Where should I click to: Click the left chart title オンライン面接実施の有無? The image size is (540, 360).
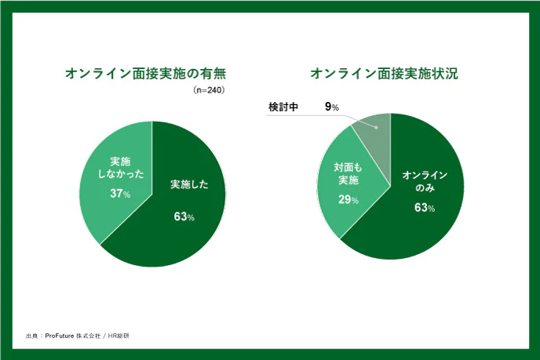[151, 75]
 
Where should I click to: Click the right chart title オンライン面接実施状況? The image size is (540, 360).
[385, 75]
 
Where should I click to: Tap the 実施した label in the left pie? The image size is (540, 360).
[189, 185]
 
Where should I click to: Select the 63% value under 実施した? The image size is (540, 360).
[184, 216]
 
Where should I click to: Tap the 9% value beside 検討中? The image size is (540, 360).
[332, 107]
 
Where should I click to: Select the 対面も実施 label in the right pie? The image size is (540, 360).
[347, 174]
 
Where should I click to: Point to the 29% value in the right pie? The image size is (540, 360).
[348, 200]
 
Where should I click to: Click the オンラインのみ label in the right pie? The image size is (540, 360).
[425, 182]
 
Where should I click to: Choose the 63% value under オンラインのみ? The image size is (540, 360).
[425, 208]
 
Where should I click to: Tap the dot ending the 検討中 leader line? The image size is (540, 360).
[377, 126]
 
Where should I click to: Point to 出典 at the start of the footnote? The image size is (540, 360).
[31, 336]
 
